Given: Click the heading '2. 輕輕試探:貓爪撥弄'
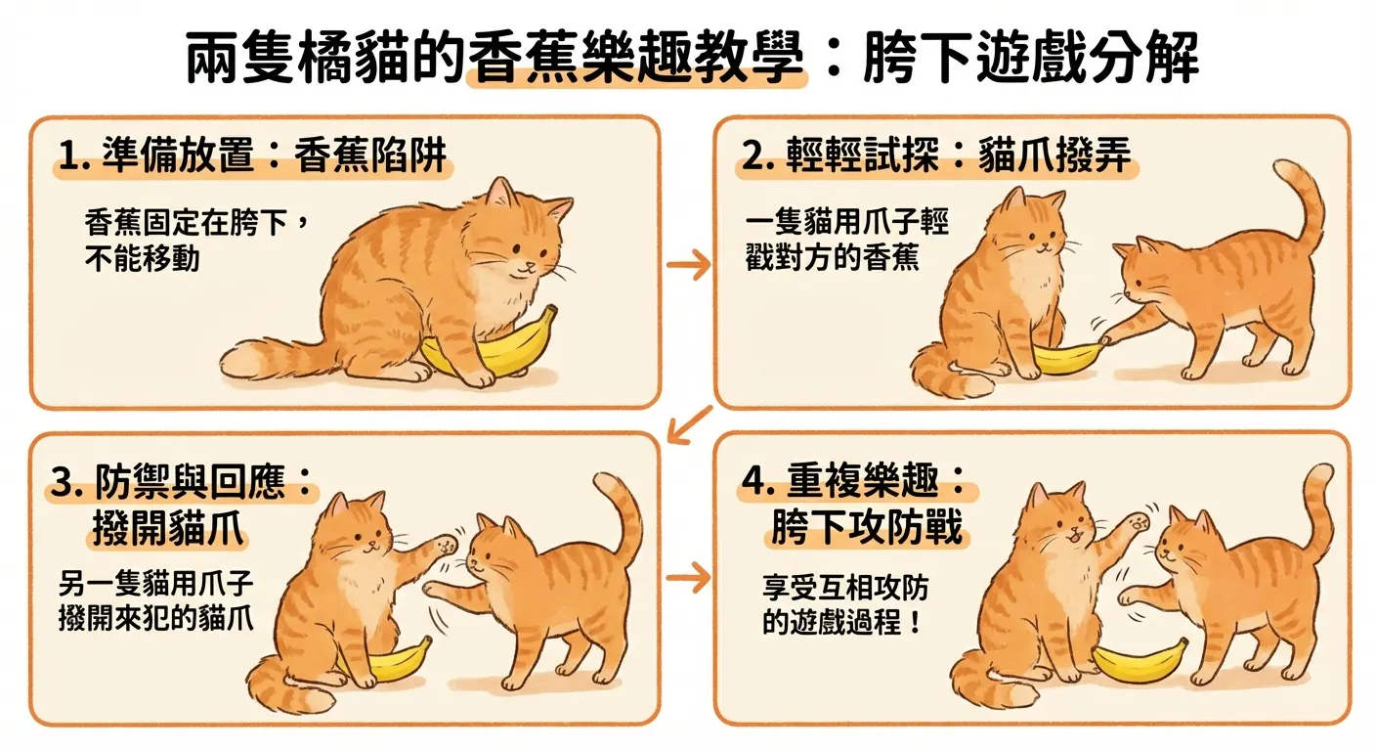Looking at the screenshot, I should [939, 157].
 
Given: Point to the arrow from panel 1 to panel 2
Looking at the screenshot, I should [688, 264].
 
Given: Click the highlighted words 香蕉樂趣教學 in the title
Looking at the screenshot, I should [637, 61].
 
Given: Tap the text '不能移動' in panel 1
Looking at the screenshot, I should [143, 259].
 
